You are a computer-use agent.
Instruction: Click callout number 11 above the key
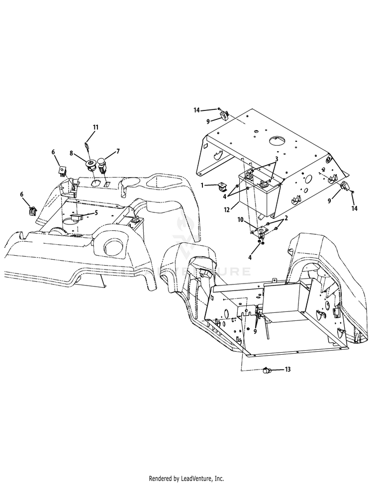(96, 127)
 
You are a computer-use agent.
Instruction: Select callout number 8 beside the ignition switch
(72, 153)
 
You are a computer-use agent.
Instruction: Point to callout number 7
(118, 151)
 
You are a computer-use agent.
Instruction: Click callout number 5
(96, 212)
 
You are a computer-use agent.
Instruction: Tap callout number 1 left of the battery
(202, 185)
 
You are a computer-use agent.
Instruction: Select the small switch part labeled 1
(221, 186)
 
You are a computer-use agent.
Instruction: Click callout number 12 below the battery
(227, 210)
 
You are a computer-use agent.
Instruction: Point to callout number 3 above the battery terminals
(277, 159)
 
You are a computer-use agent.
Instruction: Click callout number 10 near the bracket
(241, 220)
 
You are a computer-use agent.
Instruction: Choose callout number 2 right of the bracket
(286, 218)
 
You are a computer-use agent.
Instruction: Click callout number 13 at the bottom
(287, 369)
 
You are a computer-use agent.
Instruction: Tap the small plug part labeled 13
(266, 371)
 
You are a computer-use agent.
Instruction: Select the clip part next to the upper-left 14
(224, 115)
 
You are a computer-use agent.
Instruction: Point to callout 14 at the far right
(355, 208)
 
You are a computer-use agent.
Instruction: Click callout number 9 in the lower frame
(255, 331)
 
